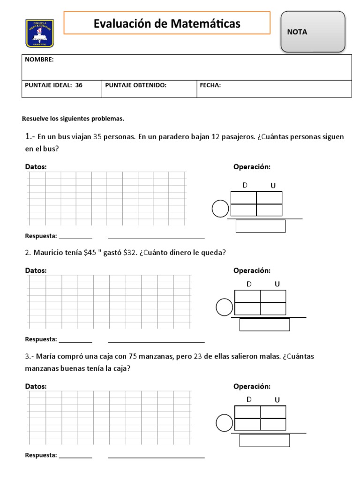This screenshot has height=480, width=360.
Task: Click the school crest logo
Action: pyautogui.click(x=40, y=33)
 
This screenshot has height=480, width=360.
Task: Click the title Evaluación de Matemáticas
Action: pyautogui.click(x=167, y=23)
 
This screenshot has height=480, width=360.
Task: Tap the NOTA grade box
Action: pyautogui.click(x=313, y=32)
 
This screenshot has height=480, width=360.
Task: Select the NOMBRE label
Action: pyautogui.click(x=39, y=60)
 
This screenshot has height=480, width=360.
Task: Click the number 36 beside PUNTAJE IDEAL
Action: pyautogui.click(x=79, y=85)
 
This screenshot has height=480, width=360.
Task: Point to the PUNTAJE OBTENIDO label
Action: pyautogui.click(x=136, y=85)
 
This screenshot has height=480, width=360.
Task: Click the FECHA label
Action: pyautogui.click(x=210, y=85)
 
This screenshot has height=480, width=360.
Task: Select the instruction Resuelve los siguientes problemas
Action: pyautogui.click(x=73, y=119)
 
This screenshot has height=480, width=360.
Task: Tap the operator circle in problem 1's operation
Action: pyautogui.click(x=220, y=209)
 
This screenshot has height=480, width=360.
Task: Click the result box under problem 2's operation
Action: pyautogui.click(x=264, y=324)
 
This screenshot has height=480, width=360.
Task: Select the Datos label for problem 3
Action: pyautogui.click(x=36, y=386)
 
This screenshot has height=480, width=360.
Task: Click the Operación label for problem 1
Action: pyautogui.click(x=252, y=167)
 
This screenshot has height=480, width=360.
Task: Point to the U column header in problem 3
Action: pyautogui.click(x=277, y=400)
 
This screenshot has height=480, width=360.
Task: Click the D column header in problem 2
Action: pyautogui.click(x=249, y=284)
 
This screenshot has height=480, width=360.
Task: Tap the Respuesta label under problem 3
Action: pyautogui.click(x=41, y=455)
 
